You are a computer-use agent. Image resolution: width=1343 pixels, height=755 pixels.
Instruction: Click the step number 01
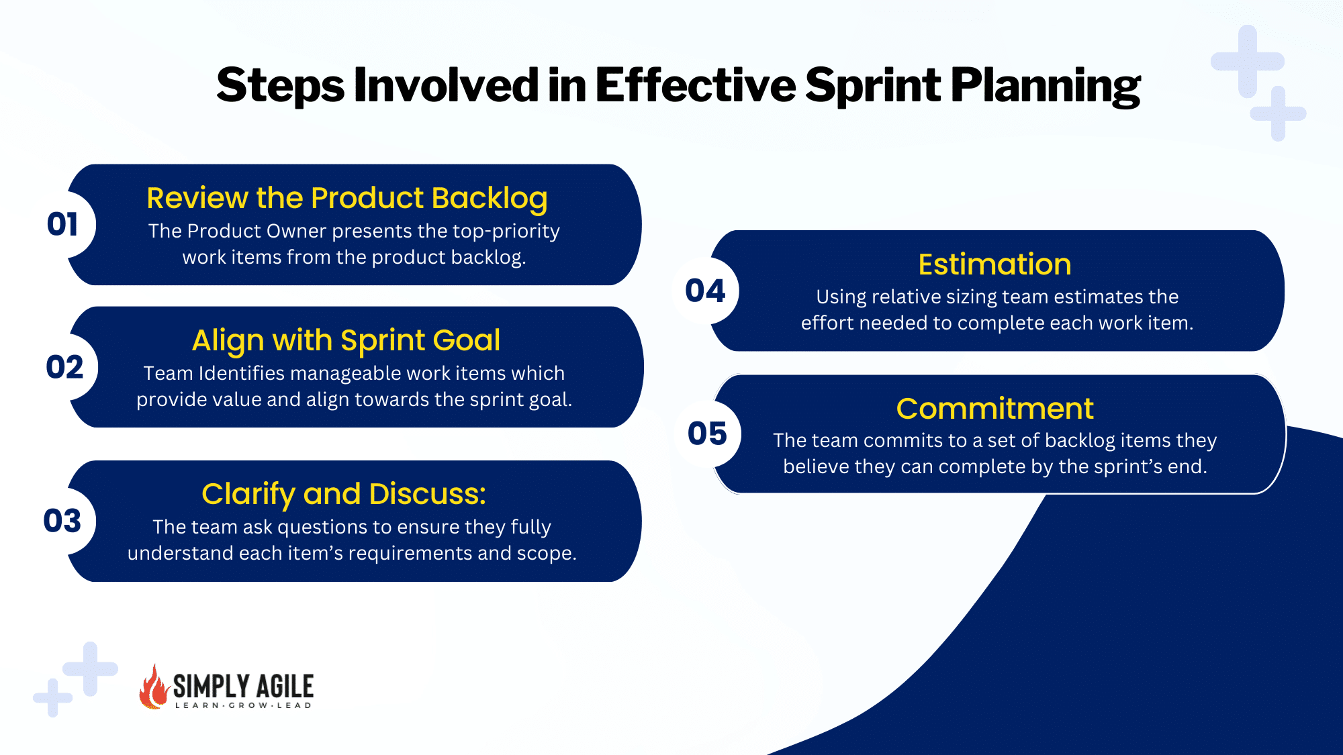(62, 224)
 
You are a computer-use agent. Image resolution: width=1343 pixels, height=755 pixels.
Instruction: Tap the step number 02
(64, 367)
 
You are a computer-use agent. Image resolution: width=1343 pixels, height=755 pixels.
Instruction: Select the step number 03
(62, 521)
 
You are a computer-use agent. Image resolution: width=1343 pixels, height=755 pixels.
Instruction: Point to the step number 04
(705, 291)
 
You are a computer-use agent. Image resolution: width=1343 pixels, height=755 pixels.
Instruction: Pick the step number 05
(707, 434)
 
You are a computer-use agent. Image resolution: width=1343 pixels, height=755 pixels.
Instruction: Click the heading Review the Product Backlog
(347, 199)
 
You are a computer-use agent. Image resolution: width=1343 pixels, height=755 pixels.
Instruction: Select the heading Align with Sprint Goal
(346, 341)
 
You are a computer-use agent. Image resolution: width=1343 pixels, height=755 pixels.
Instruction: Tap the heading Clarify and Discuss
(344, 495)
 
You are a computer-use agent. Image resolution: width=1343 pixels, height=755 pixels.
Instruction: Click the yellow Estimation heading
(994, 264)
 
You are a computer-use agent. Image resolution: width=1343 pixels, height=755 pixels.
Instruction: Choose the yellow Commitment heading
(994, 409)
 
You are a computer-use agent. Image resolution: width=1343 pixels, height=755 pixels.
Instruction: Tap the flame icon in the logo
(154, 687)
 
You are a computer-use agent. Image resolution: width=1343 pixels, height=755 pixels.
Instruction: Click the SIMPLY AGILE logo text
(243, 686)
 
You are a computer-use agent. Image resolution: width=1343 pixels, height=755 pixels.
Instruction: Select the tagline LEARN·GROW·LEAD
(243, 705)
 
